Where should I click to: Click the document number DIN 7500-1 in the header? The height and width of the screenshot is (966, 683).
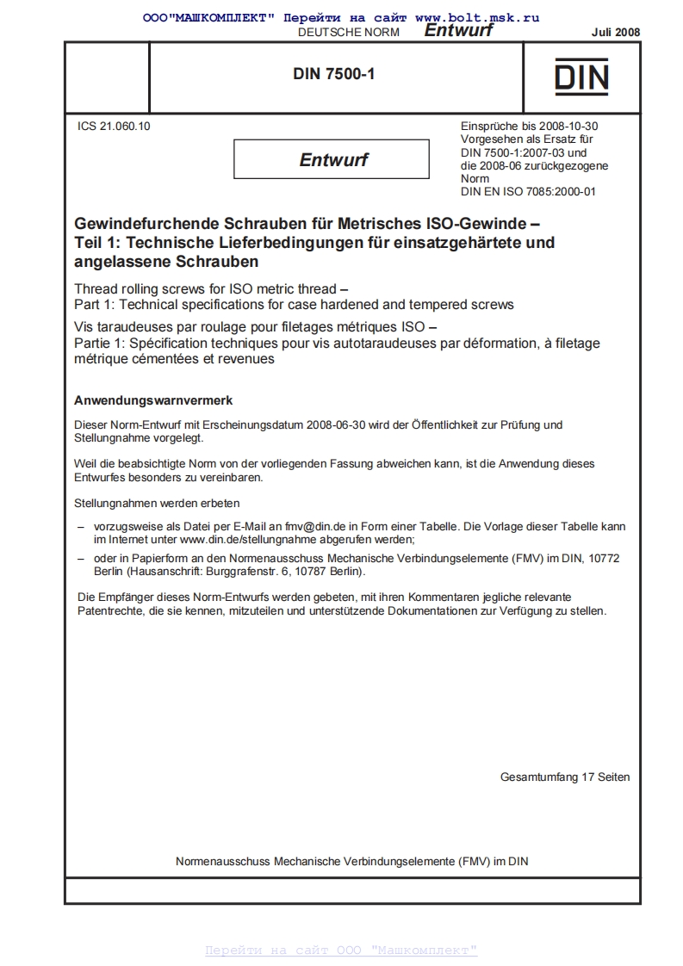pyautogui.click(x=333, y=75)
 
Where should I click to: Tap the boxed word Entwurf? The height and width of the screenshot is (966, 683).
pyautogui.click(x=332, y=159)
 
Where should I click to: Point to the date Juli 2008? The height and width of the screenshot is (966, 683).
pyautogui.click(x=615, y=32)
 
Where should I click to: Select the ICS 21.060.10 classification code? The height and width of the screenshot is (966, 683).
pyautogui.click(x=114, y=126)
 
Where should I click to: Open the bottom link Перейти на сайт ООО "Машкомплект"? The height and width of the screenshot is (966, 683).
pyautogui.click(x=340, y=950)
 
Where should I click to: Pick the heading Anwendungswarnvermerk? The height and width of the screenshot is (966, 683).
pyautogui.click(x=153, y=401)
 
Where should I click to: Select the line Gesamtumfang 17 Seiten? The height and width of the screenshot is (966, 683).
pyautogui.click(x=564, y=777)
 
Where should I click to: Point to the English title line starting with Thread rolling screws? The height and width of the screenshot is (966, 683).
pyautogui.click(x=211, y=289)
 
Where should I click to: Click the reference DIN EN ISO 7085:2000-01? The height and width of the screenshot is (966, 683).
pyautogui.click(x=528, y=191)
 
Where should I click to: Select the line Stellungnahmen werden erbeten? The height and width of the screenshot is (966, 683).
pyautogui.click(x=157, y=502)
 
